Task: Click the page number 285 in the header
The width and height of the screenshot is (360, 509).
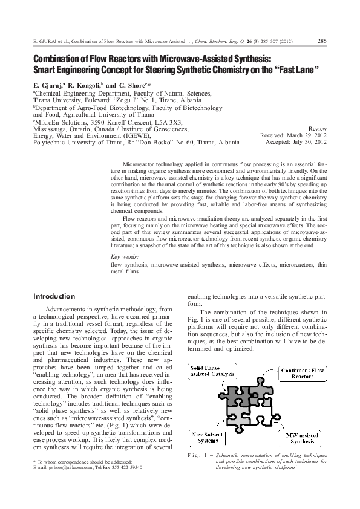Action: point(322,41)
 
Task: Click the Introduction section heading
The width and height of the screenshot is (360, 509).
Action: point(54,296)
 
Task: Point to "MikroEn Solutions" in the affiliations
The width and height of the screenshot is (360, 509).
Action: point(62,122)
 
